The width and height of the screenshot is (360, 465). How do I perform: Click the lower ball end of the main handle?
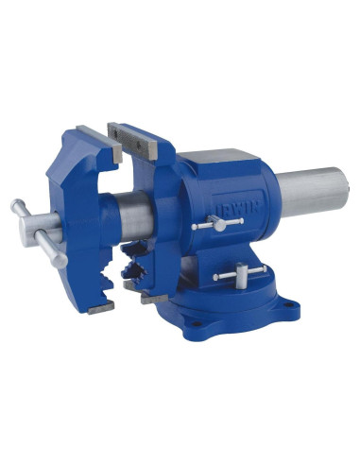(x=60, y=261)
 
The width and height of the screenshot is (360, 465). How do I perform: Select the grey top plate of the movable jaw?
(x=99, y=144)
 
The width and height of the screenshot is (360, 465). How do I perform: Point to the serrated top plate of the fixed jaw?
(x=132, y=141)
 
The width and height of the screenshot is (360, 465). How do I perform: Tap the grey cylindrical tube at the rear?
(x=314, y=191)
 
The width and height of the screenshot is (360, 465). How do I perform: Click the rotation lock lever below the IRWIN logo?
(x=217, y=223)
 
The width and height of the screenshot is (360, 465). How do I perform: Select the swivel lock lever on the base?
(x=240, y=274)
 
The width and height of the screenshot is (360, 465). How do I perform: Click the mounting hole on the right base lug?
(x=287, y=305)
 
